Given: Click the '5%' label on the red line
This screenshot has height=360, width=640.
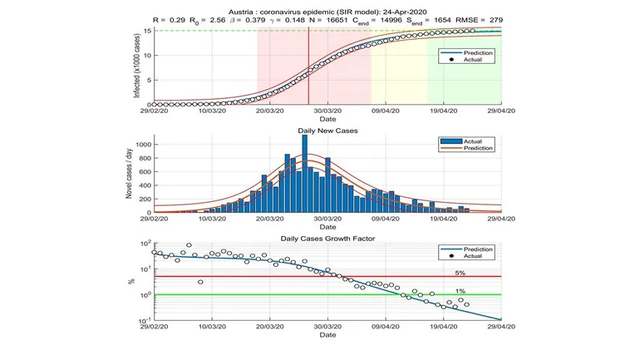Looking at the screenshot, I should (460, 272).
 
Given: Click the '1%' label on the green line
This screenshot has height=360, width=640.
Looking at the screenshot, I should (460, 291).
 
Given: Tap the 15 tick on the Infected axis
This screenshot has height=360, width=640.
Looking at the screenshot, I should (146, 31).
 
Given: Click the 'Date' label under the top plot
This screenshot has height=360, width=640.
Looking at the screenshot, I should (327, 119).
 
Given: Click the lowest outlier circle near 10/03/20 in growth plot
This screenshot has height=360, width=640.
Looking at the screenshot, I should (200, 282).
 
